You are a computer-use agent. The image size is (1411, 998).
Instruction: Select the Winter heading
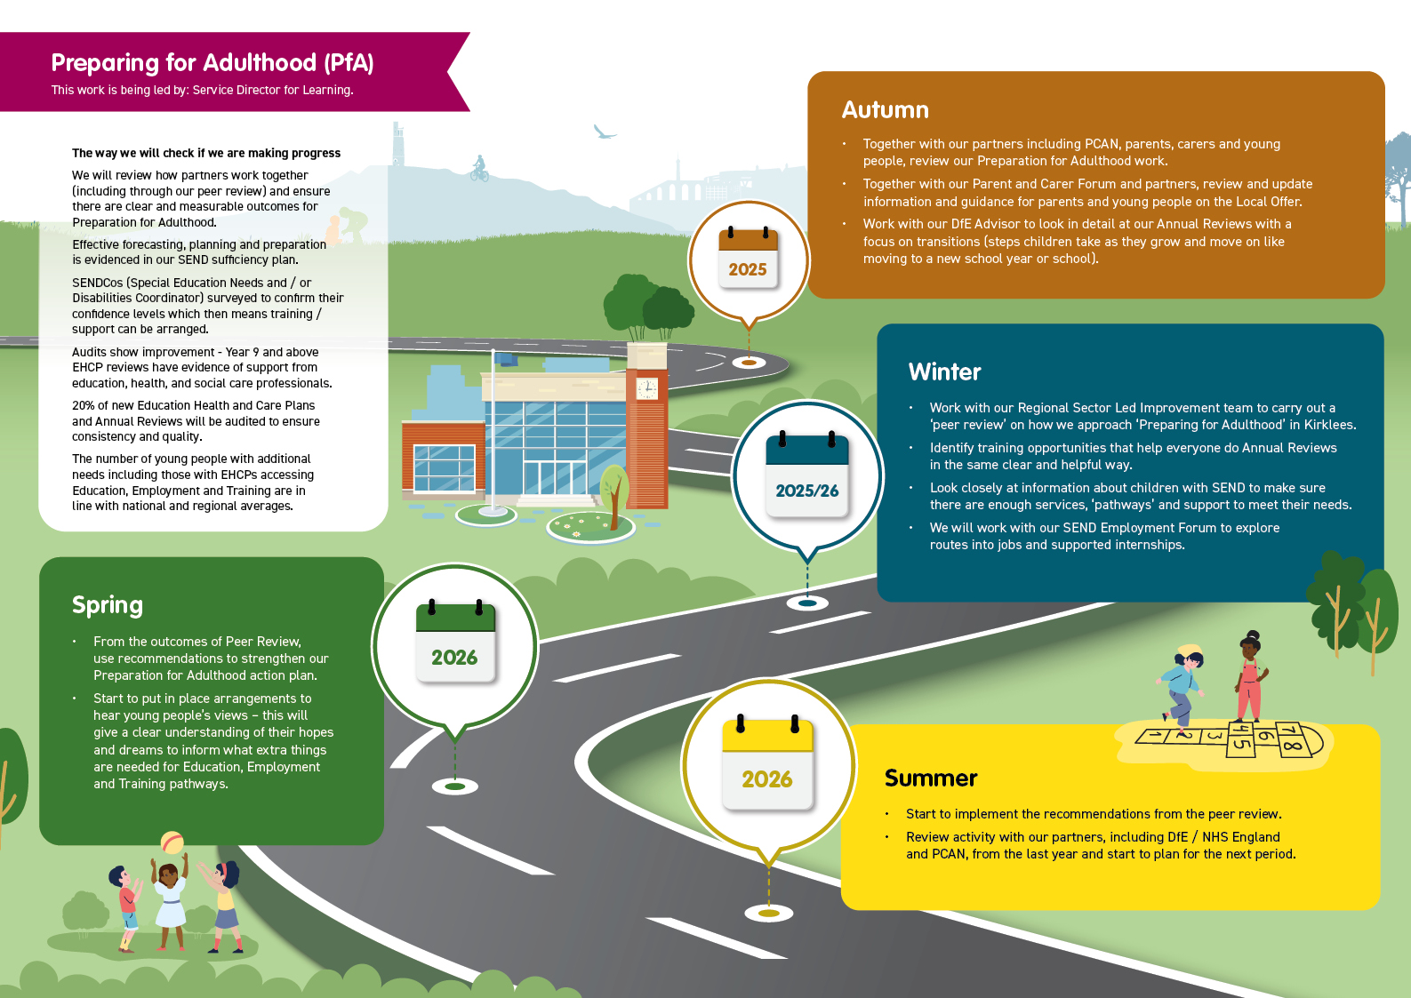click(944, 371)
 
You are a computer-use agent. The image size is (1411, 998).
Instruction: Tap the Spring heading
click(107, 605)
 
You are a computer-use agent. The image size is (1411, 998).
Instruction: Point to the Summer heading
click(930, 778)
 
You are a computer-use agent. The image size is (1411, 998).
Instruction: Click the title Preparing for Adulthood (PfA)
click(212, 62)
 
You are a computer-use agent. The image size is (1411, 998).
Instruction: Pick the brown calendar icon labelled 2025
click(748, 258)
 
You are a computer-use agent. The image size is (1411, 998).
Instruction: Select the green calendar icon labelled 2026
click(454, 642)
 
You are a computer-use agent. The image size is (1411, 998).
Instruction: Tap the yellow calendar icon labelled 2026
click(767, 763)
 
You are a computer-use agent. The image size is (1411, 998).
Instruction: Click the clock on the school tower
click(646, 388)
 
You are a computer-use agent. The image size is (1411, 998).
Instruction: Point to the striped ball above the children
click(172, 842)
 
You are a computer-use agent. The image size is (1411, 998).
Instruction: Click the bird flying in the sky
click(605, 132)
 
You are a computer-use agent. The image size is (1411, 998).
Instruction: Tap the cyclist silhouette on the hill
click(479, 169)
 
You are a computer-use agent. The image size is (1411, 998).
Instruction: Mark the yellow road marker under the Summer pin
click(768, 913)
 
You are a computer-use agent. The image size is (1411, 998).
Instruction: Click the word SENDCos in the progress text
click(98, 283)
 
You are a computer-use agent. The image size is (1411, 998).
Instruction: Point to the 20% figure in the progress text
click(84, 405)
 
